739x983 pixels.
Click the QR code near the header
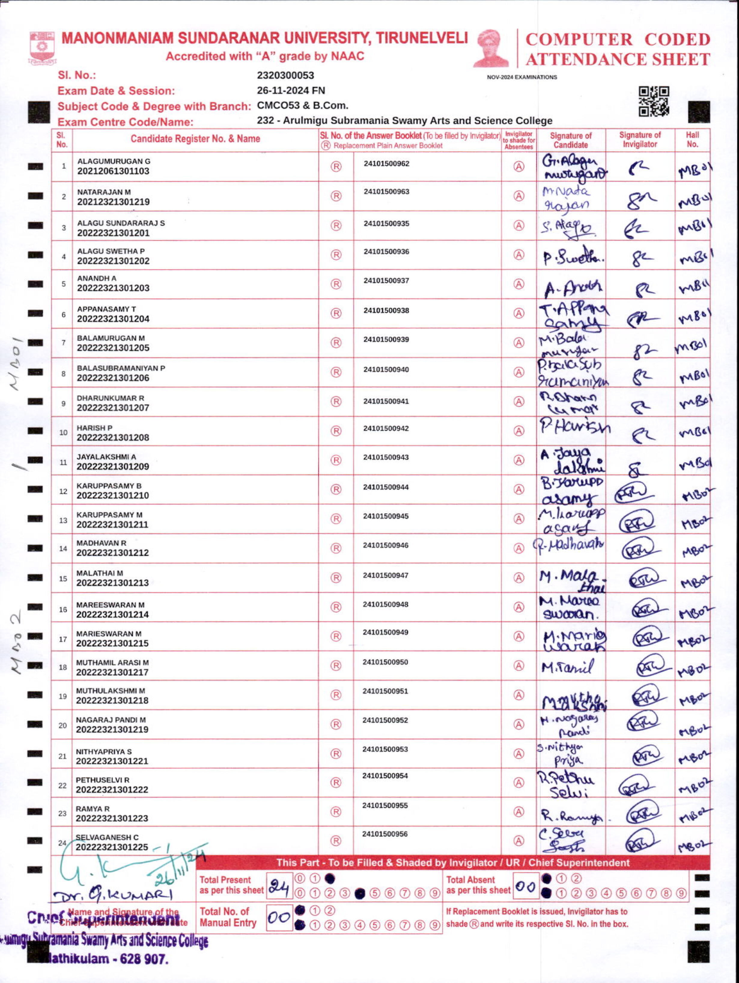coord(654,101)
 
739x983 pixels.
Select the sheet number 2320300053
coord(285,76)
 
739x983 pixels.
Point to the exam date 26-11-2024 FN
coord(290,91)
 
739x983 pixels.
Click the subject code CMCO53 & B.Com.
coord(302,106)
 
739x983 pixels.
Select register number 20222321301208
coord(113,438)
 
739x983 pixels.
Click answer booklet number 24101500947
coord(385,575)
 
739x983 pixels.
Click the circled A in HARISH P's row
coord(519,431)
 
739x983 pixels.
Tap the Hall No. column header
coord(692,140)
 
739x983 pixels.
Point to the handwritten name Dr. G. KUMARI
coord(112,895)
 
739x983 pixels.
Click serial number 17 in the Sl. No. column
coord(63,639)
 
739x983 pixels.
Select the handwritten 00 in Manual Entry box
coord(278,917)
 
